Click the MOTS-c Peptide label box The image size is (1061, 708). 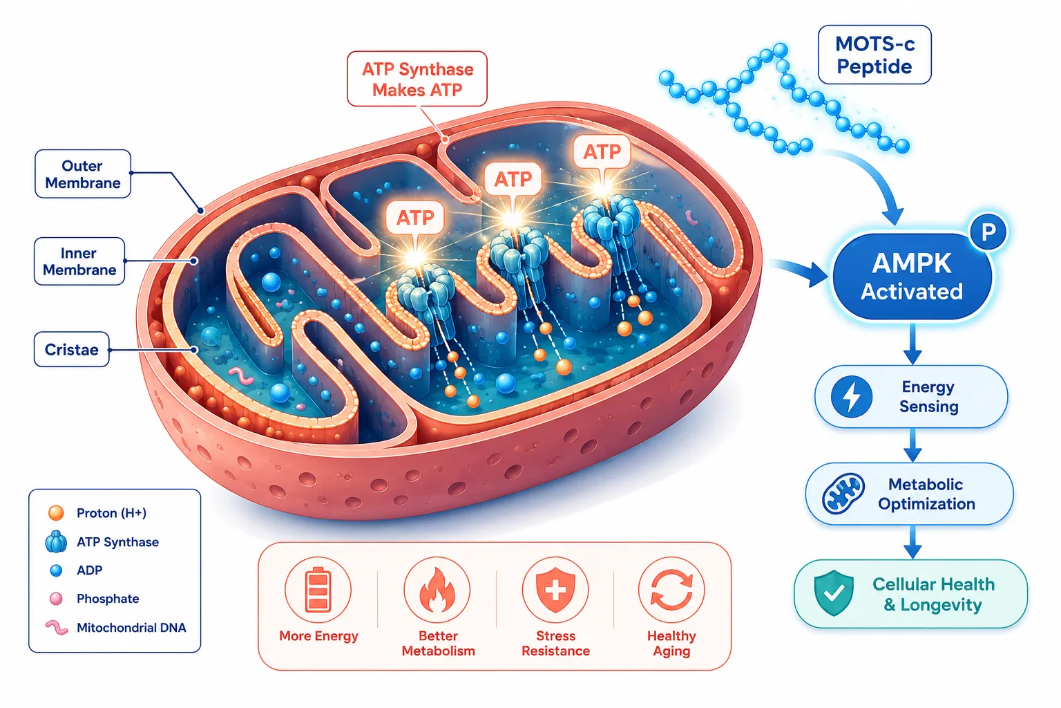tap(874, 55)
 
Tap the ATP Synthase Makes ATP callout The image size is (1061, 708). tap(417, 79)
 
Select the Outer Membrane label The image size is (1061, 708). tap(83, 174)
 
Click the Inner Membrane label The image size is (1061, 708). tap(79, 261)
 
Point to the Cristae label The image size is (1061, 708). tap(72, 349)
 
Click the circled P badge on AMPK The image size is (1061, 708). tap(988, 232)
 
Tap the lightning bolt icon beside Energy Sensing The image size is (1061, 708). tap(851, 396)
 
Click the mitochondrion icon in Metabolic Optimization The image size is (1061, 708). tap(843, 494)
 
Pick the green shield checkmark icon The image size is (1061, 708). tap(834, 593)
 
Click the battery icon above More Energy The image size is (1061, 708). tap(318, 590)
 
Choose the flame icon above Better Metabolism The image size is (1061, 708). tap(437, 590)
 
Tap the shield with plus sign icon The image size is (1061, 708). tap(555, 590)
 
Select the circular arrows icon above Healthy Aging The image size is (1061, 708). tap(671, 590)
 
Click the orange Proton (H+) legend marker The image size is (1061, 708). tap(56, 512)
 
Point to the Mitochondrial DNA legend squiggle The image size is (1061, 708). tap(57, 627)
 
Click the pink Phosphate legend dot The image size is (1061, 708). tap(56, 599)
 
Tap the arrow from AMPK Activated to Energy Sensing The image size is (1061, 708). tap(912, 344)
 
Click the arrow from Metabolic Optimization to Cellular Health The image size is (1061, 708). tap(912, 542)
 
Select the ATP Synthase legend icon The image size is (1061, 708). tap(56, 541)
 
